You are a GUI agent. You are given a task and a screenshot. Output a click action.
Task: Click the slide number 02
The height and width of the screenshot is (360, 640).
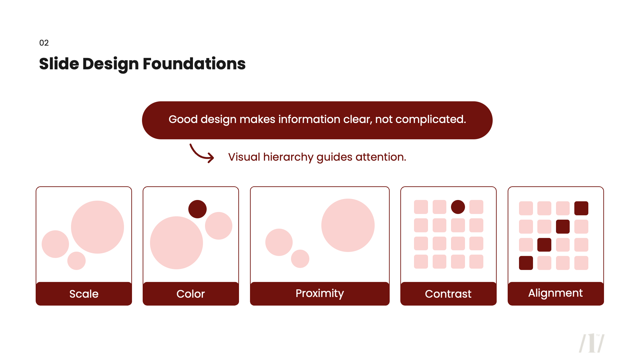44,43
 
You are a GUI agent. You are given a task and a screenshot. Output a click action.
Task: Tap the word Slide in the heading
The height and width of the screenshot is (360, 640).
59,64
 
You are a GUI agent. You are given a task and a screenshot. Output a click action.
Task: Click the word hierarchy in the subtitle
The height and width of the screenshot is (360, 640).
288,157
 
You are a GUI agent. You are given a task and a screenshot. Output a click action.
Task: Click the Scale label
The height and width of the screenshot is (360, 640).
84,294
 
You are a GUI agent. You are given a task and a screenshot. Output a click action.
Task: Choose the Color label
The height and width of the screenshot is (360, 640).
191,294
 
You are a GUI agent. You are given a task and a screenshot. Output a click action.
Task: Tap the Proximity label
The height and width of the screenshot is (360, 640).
320,293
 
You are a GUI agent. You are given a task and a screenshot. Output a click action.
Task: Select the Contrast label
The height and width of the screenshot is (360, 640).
448,294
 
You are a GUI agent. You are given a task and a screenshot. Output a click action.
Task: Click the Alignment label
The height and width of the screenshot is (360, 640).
556,293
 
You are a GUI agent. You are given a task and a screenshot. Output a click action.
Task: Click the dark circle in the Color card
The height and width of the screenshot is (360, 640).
197,209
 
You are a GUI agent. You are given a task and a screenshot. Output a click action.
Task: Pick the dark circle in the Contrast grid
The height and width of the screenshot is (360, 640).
458,207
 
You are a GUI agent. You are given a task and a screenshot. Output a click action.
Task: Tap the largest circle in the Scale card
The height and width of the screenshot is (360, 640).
97,227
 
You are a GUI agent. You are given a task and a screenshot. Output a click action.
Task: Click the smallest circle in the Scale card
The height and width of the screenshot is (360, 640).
76,261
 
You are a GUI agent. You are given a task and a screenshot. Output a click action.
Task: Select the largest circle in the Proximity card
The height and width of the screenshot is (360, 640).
348,225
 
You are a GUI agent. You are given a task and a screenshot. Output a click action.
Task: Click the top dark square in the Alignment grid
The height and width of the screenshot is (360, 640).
581,208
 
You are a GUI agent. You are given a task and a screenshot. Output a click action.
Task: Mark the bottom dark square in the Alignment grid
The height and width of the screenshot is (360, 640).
526,263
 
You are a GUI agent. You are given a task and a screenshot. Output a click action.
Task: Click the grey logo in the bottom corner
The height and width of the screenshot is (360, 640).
592,343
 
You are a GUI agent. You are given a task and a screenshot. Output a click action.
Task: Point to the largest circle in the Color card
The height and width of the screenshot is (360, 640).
176,243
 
